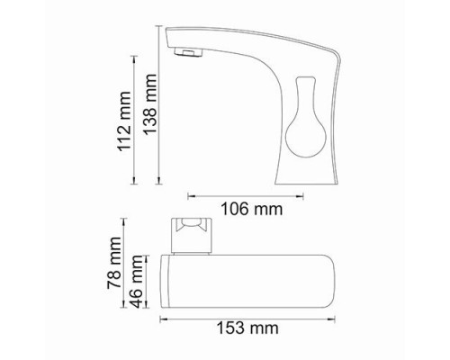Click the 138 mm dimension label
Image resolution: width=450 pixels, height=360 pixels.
coord(149,103)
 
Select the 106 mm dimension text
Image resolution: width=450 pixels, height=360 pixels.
coord(252,209)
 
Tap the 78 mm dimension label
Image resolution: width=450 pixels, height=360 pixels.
coord(114,263)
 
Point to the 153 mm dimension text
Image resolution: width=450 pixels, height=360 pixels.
coord(247,328)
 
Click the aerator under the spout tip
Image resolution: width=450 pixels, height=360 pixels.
coord(188,52)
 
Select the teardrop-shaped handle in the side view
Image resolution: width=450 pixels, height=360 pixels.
coord(305,117)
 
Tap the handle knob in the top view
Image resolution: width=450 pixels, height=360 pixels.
coord(192,236)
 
